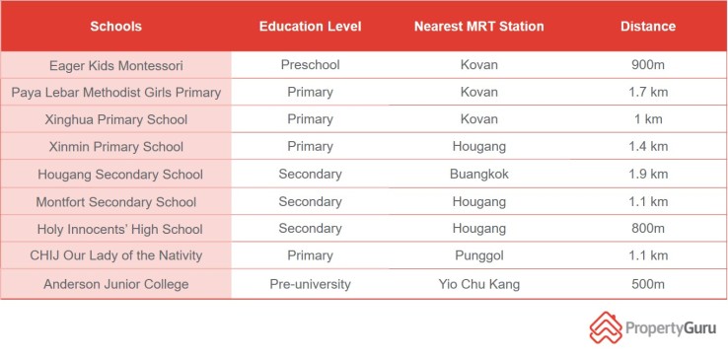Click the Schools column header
[x=115, y=27]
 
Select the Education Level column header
[x=311, y=27]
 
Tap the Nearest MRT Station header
[x=478, y=27]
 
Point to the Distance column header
[x=648, y=27]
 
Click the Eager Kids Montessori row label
[x=115, y=65]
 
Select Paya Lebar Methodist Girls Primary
[x=115, y=93]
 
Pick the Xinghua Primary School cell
[x=115, y=119]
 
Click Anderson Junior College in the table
[x=115, y=284]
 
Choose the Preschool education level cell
[x=310, y=65]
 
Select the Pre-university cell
[x=310, y=284]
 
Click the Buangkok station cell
[x=478, y=175]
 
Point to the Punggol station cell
[x=478, y=256]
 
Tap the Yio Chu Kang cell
[x=478, y=284]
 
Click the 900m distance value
[x=648, y=65]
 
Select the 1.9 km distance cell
[x=648, y=175]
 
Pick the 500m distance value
[x=648, y=284]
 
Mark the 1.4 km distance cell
[x=648, y=147]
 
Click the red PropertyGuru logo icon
[x=606, y=327]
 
